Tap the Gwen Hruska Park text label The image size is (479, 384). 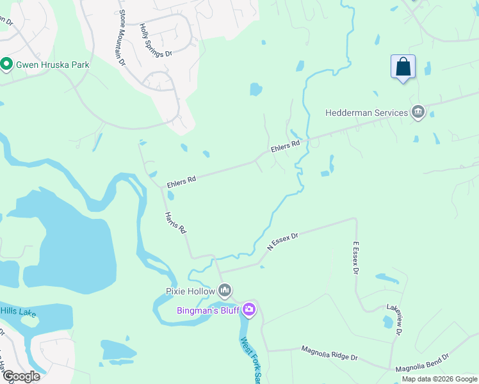(x=53, y=65)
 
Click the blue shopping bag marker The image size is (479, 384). (x=403, y=67)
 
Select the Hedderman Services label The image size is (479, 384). (x=366, y=113)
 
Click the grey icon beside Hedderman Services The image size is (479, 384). (x=418, y=112)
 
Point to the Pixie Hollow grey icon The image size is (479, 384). (x=225, y=291)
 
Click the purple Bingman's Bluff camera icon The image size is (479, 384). (x=249, y=310)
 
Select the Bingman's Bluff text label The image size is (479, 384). (x=208, y=311)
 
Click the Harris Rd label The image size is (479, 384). (x=175, y=222)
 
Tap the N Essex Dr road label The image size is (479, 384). (x=283, y=242)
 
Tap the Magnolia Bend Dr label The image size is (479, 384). (x=423, y=363)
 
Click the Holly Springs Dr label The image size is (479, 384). (x=156, y=42)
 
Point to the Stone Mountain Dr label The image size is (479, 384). (x=120, y=38)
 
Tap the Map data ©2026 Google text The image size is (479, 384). (x=439, y=380)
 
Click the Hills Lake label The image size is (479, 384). (x=18, y=311)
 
